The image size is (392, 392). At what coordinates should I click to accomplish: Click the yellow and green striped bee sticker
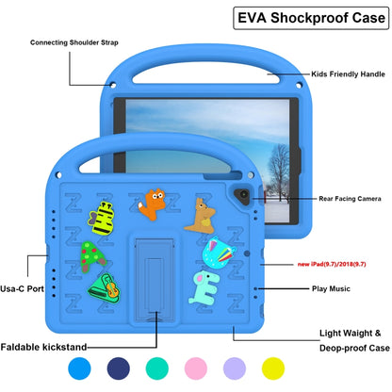[105, 214]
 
